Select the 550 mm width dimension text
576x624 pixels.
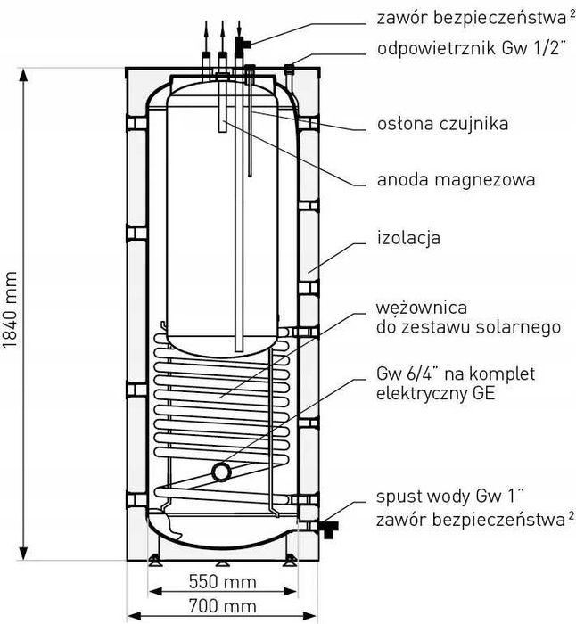coord(223,582)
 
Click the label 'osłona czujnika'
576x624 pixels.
coord(441,124)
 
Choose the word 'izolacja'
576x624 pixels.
coord(408,239)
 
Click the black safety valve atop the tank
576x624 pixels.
coord(241,43)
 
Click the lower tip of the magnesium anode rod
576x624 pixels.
coord(238,350)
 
